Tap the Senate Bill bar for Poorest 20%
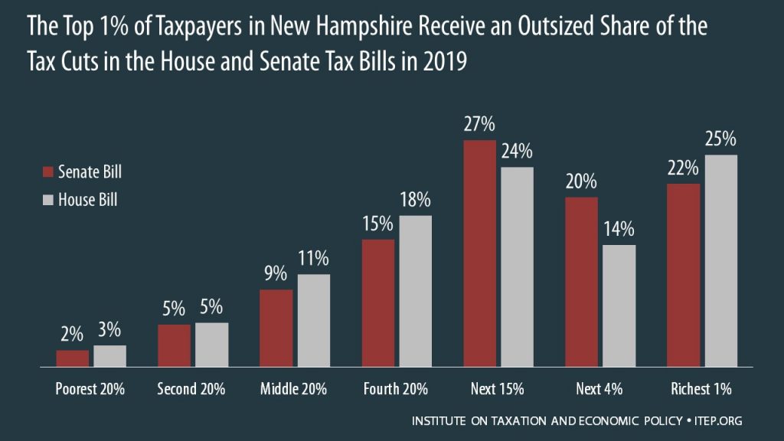point(73,359)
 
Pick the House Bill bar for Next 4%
point(619,306)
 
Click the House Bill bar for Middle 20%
point(313,321)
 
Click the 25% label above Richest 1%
point(720,139)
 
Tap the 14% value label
point(619,230)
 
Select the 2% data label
point(73,335)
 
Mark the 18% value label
point(415,200)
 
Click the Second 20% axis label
point(191,389)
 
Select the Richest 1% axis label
point(702,389)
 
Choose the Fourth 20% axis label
point(396,389)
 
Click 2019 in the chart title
point(444,62)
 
